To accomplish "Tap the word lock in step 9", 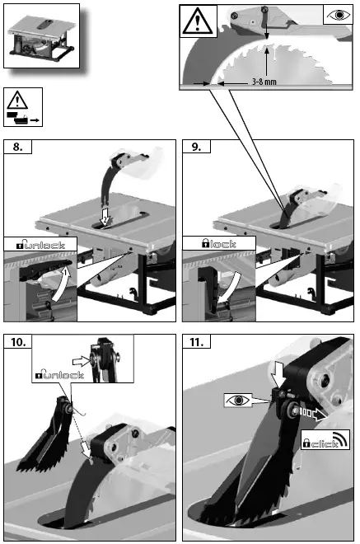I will [x=221, y=245].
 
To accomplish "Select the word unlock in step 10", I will [x=63, y=376].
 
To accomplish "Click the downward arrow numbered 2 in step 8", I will [x=104, y=215].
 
